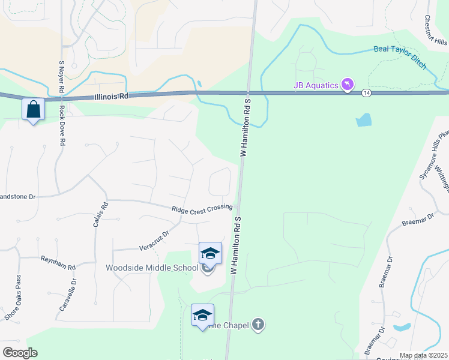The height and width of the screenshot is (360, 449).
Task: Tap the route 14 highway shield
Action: click(x=366, y=92)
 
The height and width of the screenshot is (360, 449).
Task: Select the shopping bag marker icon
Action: click(x=33, y=110)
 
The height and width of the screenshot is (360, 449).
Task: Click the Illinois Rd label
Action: click(x=112, y=96)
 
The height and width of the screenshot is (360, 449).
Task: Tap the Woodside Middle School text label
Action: click(x=152, y=268)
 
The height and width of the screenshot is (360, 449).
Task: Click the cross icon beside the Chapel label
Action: click(x=258, y=325)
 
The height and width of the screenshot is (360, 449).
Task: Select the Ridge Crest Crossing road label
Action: click(x=202, y=208)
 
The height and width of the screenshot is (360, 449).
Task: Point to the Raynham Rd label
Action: click(x=58, y=263)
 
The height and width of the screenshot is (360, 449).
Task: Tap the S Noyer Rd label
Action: click(x=61, y=76)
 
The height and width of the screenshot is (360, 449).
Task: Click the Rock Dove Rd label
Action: click(x=61, y=126)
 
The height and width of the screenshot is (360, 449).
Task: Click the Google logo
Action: click(x=20, y=353)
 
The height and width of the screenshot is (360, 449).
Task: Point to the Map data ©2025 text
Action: click(x=423, y=355)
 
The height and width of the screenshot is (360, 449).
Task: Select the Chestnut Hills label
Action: click(x=436, y=30)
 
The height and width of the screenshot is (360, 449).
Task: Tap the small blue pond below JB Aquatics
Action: click(x=364, y=120)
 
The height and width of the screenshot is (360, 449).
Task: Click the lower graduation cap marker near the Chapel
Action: click(x=202, y=315)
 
